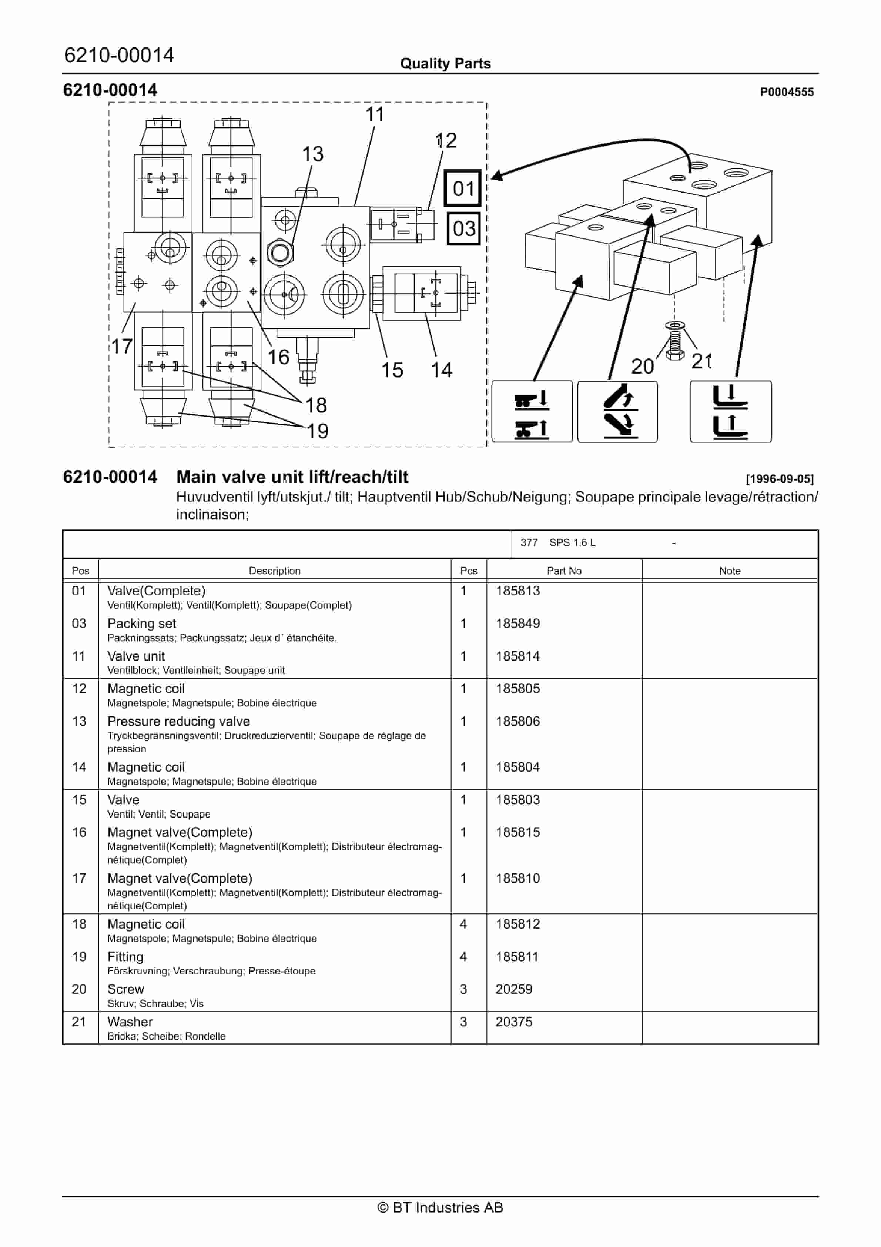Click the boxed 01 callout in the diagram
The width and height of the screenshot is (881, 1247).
click(x=462, y=188)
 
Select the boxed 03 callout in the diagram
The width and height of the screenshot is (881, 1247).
click(x=463, y=229)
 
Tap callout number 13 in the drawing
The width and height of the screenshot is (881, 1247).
click(x=313, y=154)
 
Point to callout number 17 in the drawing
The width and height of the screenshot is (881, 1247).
click(x=122, y=346)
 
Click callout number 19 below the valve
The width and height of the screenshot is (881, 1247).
click(x=317, y=431)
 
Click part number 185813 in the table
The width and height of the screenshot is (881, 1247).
click(x=517, y=591)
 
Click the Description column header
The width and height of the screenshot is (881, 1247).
click(x=274, y=571)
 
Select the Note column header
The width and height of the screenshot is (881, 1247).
click(x=730, y=571)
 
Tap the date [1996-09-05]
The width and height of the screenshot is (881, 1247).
click(x=780, y=479)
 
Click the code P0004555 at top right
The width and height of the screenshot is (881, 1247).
click(x=787, y=92)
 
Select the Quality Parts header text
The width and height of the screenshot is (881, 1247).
click(x=445, y=64)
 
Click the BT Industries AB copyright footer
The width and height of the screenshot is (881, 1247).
click(x=440, y=1207)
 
